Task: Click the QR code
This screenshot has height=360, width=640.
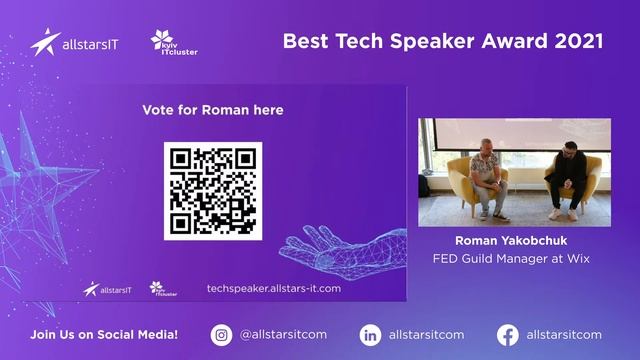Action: pos(213,191)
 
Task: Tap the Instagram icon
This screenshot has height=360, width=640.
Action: pos(222,335)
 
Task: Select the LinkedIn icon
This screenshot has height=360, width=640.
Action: pos(371,335)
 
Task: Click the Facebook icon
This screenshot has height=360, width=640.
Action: pos(508,335)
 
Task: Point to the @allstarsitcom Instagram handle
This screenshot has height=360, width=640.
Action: pos(283,335)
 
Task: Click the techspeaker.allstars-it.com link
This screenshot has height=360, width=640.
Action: pos(273,288)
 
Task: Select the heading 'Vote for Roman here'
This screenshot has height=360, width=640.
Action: pos(212,110)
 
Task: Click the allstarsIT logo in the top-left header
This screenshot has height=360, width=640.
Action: pos(74,43)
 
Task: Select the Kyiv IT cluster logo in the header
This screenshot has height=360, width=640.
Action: pos(173,42)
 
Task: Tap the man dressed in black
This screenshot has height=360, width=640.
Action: pos(566,177)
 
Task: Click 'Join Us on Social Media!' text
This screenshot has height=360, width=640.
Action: pos(104,335)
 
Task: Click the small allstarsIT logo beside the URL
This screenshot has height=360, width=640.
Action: pos(107,289)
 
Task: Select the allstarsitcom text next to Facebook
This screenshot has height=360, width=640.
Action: pos(563,335)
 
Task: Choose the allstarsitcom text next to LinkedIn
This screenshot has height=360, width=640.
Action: pos(426,335)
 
